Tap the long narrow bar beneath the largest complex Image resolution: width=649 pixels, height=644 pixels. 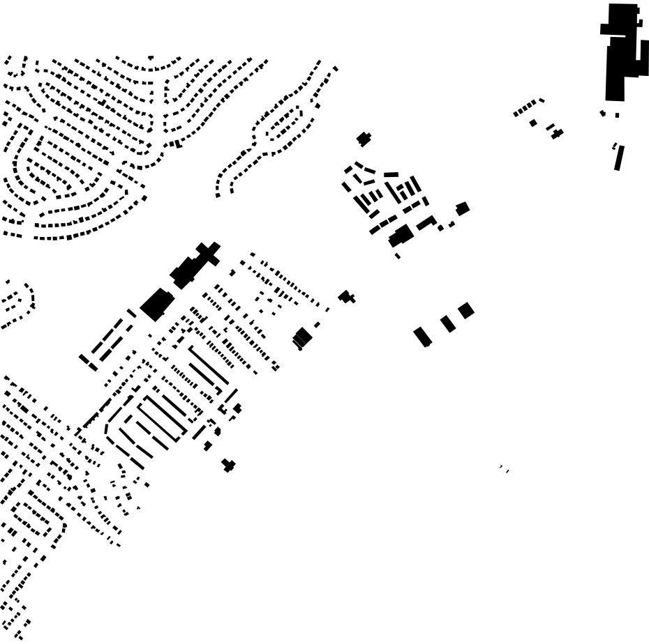[x=618, y=158]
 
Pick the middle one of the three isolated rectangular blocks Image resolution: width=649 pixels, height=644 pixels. [x=448, y=324]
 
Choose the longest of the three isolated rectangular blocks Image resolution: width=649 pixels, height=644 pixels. [x=422, y=337]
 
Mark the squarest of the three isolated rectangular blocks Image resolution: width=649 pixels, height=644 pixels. [x=466, y=310]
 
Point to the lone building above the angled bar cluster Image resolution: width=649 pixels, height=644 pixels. [x=364, y=139]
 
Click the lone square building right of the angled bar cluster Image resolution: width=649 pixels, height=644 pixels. [x=462, y=208]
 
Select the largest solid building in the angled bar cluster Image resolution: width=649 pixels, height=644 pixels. [x=401, y=235]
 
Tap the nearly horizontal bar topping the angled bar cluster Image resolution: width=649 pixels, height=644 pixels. [x=391, y=175]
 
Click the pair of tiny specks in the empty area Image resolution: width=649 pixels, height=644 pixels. [x=504, y=468]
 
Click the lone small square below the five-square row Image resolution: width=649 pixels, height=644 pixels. [x=533, y=123]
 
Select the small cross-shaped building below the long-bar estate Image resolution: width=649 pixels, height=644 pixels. [x=228, y=465]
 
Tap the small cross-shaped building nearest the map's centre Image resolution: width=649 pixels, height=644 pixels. [x=347, y=297]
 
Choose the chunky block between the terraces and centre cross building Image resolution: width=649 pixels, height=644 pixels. [x=302, y=337]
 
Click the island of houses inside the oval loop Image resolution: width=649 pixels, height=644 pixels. [x=283, y=125]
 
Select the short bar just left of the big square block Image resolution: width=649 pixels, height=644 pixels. [x=131, y=314]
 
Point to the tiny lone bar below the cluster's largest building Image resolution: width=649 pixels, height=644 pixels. [x=397, y=256]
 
